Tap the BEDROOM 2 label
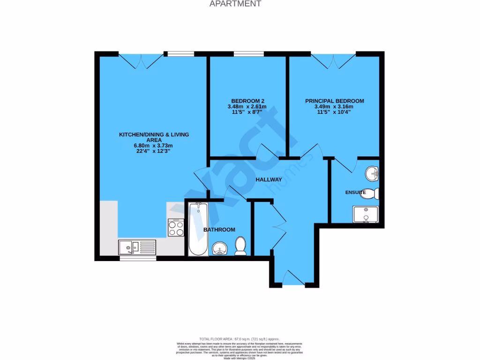(248, 101)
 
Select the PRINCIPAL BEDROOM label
(334, 101)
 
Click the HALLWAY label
(269, 180)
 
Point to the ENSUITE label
(356, 192)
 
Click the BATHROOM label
(219, 229)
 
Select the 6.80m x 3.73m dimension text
(153, 145)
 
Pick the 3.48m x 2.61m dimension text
(248, 106)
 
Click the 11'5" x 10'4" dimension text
(334, 112)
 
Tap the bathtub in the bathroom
(198, 229)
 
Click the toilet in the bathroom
(240, 246)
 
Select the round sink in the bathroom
(219, 248)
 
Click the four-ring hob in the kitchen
(176, 227)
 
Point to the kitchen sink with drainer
(137, 247)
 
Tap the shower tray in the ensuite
(366, 215)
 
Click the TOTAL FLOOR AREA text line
(240, 338)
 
